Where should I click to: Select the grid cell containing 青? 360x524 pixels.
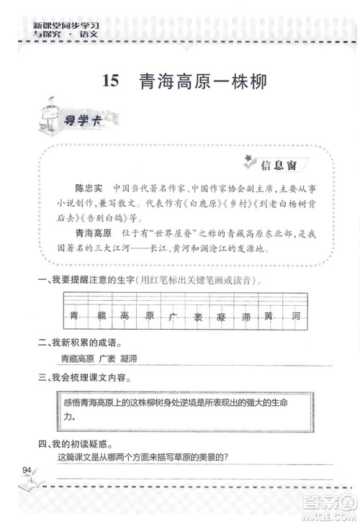73,315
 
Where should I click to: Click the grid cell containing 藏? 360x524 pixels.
99,315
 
